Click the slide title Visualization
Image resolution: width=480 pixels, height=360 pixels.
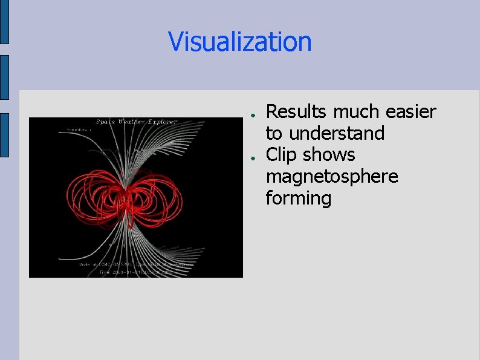point(240,42)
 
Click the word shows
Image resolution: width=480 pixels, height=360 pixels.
point(329,155)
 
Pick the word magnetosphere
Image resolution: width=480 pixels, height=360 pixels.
point(332,177)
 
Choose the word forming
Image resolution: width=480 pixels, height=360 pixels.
point(299,198)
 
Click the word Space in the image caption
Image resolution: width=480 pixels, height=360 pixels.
point(106,122)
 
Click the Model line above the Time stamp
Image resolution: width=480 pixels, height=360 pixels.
point(136,264)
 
